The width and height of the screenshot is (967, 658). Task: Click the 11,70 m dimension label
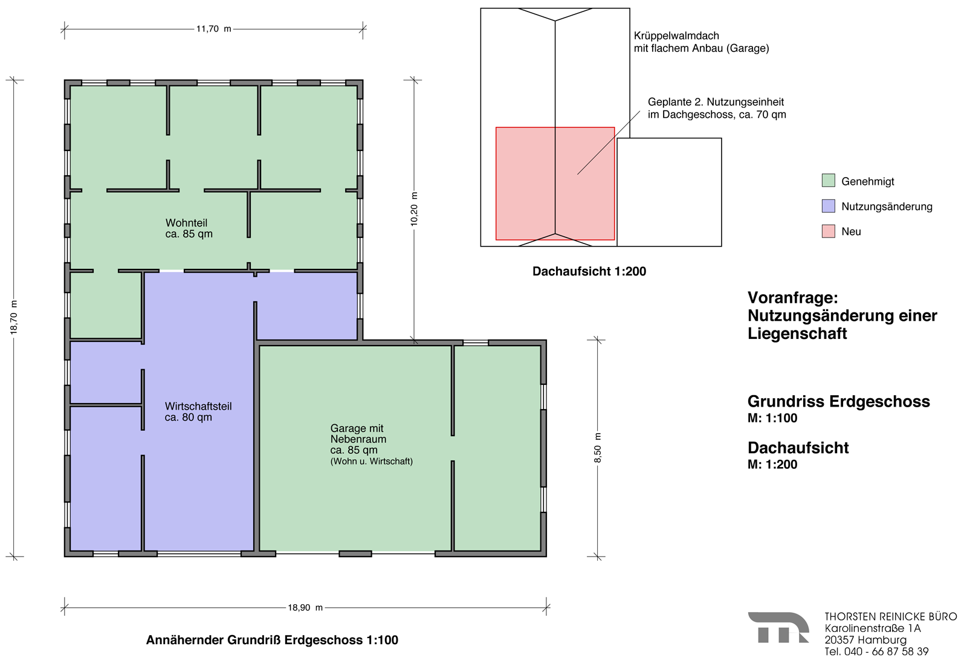[214, 29]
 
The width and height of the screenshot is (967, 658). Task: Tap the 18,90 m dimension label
[305, 607]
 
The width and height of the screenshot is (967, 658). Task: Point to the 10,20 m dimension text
[414, 209]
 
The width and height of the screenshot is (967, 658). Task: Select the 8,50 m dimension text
[598, 448]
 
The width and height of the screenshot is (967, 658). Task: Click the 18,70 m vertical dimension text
[14, 317]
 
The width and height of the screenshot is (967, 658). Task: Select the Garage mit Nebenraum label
[358, 434]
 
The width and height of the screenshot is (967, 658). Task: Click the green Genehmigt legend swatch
[828, 180]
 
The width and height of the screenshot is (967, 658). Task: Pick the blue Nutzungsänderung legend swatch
[828, 206]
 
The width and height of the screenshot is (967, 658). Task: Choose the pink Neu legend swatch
[828, 231]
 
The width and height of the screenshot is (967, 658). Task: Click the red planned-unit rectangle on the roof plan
[555, 183]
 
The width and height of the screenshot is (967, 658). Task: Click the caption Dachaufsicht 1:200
[589, 271]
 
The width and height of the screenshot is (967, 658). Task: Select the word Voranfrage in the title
[792, 297]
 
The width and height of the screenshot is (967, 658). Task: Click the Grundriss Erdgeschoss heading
[838, 401]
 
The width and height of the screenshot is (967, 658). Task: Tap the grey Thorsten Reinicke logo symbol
[778, 628]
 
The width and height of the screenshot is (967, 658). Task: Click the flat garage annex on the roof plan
[669, 192]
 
